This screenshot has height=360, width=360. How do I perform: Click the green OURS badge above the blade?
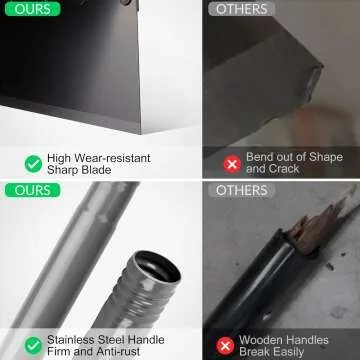tap(32, 9)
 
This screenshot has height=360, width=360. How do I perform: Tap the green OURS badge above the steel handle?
tap(32, 190)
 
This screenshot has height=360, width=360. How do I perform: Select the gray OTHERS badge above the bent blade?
tap(242, 9)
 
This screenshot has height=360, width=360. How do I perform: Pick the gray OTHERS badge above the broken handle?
tap(242, 190)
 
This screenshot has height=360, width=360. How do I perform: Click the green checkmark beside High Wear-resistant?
tap(33, 164)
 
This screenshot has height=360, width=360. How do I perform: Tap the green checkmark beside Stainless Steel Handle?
tap(33, 346)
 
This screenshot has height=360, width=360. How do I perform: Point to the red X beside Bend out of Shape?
tap(232, 164)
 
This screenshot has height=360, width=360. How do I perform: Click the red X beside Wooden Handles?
tap(225, 346)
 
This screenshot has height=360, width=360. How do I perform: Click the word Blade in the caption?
tap(94, 170)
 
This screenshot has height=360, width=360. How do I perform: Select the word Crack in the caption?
tap(284, 169)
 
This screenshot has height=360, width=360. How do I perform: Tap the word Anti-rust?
tap(118, 351)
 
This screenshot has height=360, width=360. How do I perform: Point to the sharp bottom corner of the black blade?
tap(140, 132)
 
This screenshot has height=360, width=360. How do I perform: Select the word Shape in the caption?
tap(327, 157)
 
